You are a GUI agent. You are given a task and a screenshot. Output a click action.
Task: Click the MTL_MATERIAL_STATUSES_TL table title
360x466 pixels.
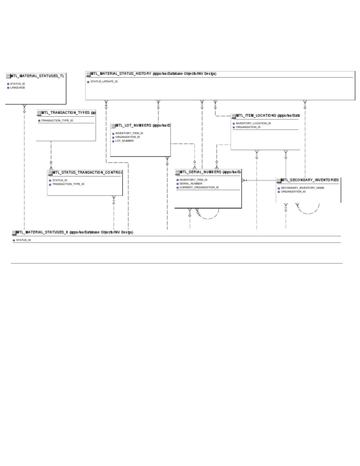tap(37, 76)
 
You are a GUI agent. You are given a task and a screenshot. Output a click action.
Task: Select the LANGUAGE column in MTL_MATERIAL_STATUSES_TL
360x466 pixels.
tap(17, 88)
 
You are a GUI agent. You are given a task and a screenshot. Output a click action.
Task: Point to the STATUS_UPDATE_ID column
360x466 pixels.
tap(104, 82)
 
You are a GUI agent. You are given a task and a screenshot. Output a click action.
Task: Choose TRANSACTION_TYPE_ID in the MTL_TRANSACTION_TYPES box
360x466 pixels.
tap(57, 120)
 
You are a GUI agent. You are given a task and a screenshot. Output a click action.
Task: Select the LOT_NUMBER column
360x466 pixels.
tap(124, 141)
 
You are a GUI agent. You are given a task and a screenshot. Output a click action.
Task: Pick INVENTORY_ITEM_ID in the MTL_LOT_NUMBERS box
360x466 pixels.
tap(129, 133)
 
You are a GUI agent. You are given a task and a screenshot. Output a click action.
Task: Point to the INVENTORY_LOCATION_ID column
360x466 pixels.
tap(253, 123)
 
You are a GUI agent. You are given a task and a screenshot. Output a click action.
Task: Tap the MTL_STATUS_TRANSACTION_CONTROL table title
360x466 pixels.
tap(87, 173)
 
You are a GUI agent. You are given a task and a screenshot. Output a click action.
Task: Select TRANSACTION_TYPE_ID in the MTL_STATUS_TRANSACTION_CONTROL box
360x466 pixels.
tap(68, 184)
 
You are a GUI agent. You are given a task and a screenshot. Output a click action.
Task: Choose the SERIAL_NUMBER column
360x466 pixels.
tap(191, 183)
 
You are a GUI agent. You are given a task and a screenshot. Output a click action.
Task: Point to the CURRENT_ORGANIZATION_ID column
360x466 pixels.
tap(199, 187)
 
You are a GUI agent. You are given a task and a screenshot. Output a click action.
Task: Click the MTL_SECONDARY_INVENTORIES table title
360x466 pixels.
tap(309, 180)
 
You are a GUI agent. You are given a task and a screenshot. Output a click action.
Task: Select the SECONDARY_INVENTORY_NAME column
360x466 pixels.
tap(302, 188)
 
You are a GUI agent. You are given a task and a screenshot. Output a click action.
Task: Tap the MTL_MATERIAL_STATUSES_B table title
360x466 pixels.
tap(74, 233)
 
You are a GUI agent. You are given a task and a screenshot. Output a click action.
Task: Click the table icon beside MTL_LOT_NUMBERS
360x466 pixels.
tap(113, 126)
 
